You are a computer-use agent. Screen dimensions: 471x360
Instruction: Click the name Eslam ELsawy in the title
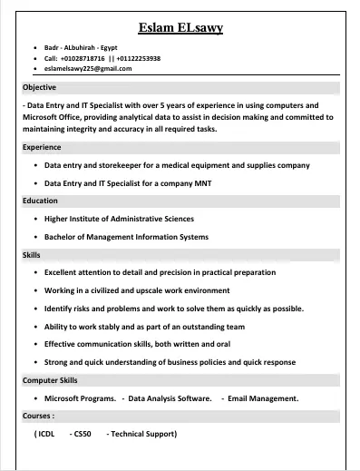point(180,28)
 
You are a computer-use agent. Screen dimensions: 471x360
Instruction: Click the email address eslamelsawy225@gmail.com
point(88,68)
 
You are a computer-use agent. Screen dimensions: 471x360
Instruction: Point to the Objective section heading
point(39,87)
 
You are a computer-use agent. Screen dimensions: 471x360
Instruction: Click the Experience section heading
point(42,147)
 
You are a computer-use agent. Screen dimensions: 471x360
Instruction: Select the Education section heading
point(40,201)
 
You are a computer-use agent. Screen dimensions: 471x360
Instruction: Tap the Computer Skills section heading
point(50,380)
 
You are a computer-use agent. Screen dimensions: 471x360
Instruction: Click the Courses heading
point(38,416)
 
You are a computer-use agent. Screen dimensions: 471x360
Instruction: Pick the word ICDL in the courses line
point(45,434)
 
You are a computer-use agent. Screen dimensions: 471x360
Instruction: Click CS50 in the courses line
point(83,434)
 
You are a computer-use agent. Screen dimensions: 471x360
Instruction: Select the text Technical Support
point(143,434)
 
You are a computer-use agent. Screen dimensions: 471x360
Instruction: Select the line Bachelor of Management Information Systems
point(126,237)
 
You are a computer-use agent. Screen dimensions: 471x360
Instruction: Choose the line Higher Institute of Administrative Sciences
point(119,219)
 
